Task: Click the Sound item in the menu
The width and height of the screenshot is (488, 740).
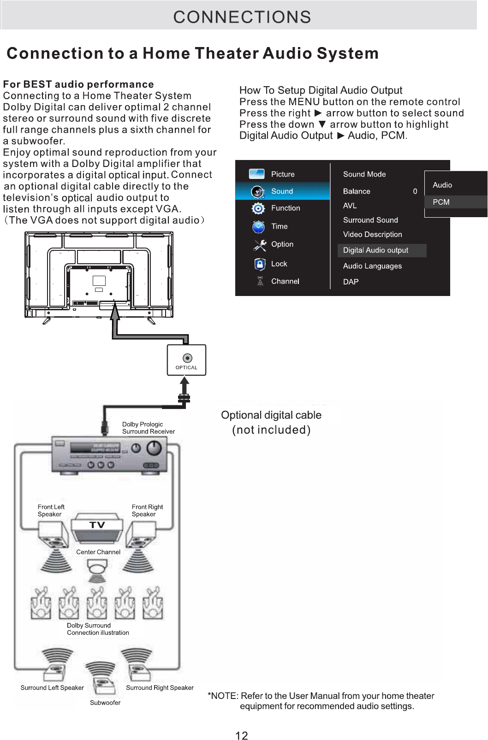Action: pyautogui.click(x=282, y=191)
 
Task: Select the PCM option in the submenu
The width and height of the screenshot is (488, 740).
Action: pyautogui.click(x=441, y=202)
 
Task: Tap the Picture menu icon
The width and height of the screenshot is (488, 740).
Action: pyautogui.click(x=256, y=174)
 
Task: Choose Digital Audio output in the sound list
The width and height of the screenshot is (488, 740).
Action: pyautogui.click(x=375, y=250)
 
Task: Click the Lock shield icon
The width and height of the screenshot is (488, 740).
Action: pyautogui.click(x=260, y=264)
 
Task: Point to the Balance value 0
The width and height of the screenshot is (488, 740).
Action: pyautogui.click(x=415, y=191)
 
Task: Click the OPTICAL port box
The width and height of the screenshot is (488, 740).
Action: pyautogui.click(x=186, y=360)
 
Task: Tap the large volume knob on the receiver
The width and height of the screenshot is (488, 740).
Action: pyautogui.click(x=154, y=448)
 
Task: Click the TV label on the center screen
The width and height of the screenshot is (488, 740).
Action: pyautogui.click(x=97, y=525)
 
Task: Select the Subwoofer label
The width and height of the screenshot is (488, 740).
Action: pyautogui.click(x=105, y=703)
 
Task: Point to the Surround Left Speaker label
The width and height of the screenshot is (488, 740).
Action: pyautogui.click(x=52, y=687)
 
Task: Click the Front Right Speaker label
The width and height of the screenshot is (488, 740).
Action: pyautogui.click(x=147, y=510)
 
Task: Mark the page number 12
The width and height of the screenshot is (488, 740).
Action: pyautogui.click(x=242, y=735)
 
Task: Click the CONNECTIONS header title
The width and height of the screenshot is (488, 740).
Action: pyautogui.click(x=242, y=17)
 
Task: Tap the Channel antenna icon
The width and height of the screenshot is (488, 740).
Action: pyautogui.click(x=260, y=281)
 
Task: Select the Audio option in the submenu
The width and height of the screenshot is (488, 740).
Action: pyautogui.click(x=442, y=185)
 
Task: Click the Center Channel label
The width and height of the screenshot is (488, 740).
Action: pyautogui.click(x=98, y=552)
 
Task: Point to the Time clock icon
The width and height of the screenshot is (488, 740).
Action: pyautogui.click(x=258, y=227)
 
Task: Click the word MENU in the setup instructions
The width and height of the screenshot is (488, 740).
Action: pyautogui.click(x=304, y=102)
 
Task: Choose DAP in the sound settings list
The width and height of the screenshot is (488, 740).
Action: pyautogui.click(x=351, y=282)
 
